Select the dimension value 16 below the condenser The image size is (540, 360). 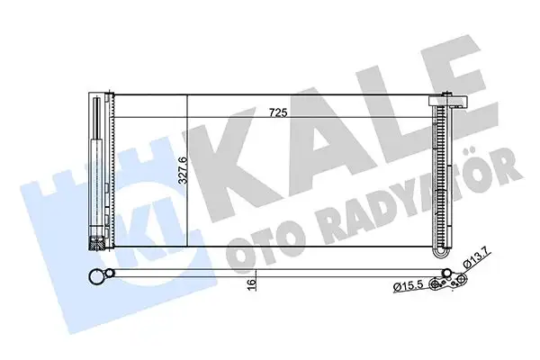[x=253, y=282]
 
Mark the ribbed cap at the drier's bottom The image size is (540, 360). [x=94, y=240]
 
